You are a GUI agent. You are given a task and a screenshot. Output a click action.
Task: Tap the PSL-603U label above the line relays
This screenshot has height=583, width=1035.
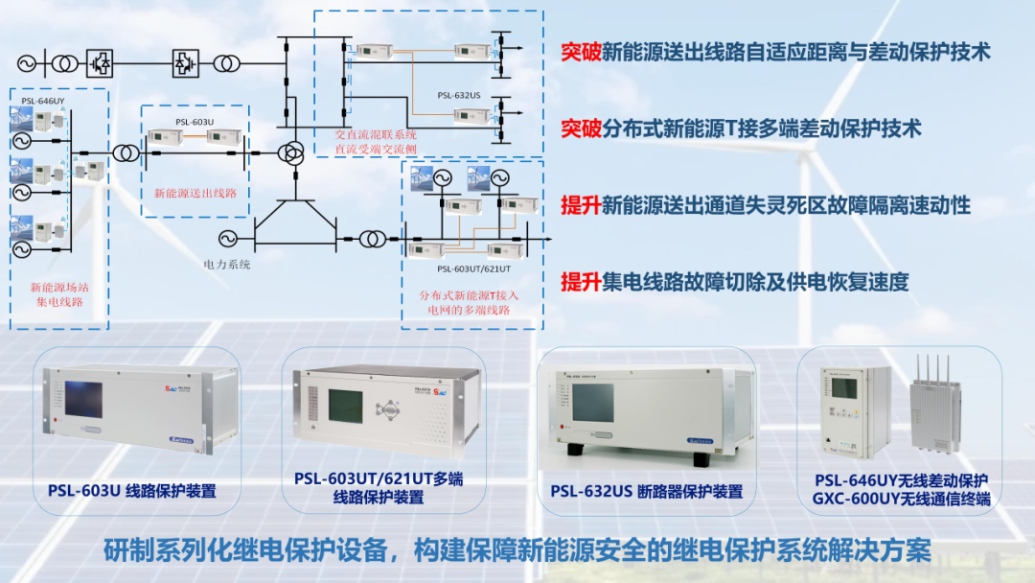point(195,122)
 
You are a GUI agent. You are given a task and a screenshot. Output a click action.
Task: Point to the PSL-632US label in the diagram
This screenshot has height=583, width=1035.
point(459,95)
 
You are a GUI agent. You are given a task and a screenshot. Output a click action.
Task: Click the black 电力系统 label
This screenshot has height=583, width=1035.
point(227,264)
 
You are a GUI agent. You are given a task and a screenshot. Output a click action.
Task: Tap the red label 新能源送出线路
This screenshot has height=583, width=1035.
point(195,193)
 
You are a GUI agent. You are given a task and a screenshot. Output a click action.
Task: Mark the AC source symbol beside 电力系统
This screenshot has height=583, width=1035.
point(226,238)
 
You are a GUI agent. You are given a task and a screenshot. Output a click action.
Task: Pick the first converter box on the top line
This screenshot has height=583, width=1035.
point(97,63)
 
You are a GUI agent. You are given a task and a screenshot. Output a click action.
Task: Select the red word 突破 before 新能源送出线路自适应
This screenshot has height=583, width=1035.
point(581,52)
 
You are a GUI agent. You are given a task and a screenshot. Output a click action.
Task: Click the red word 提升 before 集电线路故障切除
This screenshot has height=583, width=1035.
point(581,282)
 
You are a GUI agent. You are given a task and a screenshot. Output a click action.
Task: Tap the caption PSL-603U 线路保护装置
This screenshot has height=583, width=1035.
point(131,491)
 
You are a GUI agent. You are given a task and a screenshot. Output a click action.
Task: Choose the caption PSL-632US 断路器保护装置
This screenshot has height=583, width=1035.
point(646,491)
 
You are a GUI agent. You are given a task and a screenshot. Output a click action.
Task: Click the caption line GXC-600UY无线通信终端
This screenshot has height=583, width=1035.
point(901,500)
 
